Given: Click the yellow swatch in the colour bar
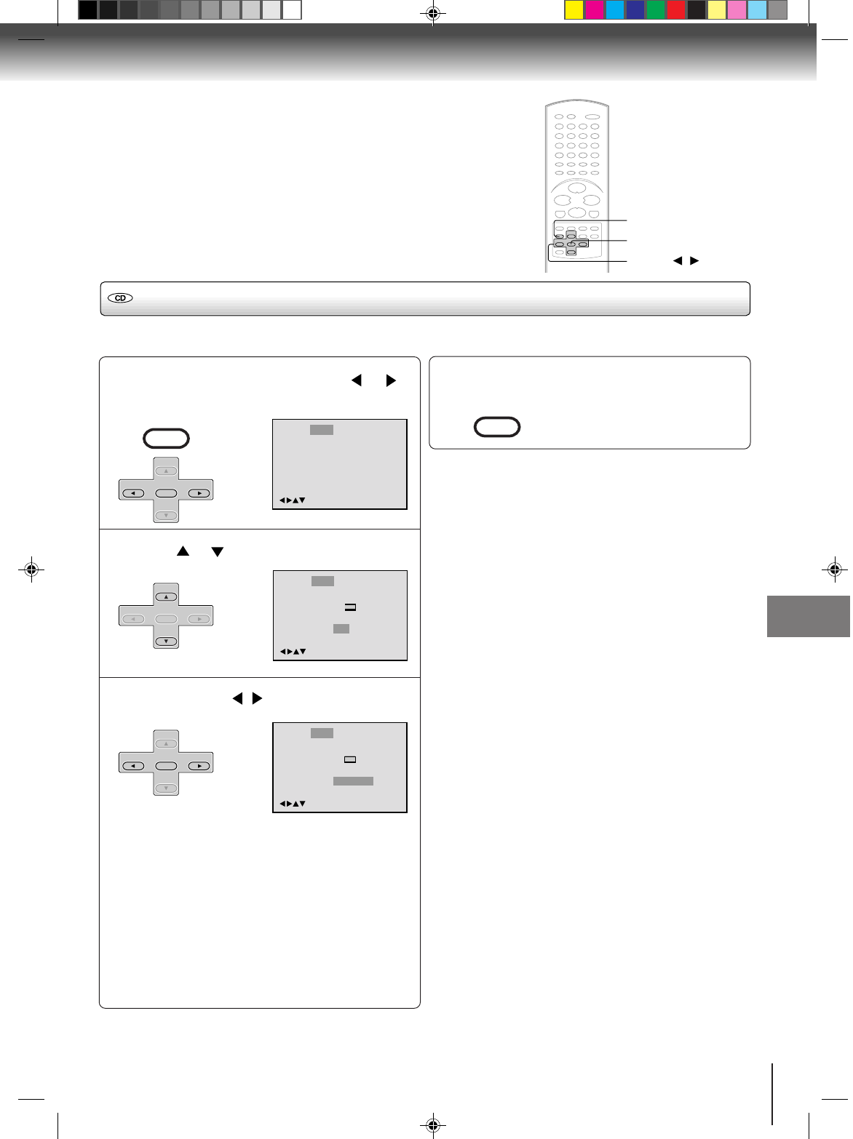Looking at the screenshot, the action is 574,10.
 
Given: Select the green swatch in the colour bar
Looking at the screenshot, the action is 656,10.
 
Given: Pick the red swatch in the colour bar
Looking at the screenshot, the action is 676,10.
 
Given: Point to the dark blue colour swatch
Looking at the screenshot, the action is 635,10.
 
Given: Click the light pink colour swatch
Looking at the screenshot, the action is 737,10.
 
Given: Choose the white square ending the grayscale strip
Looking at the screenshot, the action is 292,10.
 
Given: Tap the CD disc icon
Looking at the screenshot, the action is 121,298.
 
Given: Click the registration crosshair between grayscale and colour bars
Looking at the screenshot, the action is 433,12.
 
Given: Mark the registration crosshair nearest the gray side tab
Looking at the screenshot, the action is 835,569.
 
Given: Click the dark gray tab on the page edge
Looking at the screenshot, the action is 809,616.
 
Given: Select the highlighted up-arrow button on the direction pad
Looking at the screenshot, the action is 167,597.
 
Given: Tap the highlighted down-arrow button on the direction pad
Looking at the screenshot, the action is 167,642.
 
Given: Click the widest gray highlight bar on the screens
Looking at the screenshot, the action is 353,781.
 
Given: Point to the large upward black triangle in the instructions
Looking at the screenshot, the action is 183,552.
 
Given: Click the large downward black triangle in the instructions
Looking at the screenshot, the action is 217,552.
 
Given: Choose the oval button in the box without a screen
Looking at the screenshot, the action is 497,427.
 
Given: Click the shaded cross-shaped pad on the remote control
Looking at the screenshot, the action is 571,244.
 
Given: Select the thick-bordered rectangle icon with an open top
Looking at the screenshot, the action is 350,607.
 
